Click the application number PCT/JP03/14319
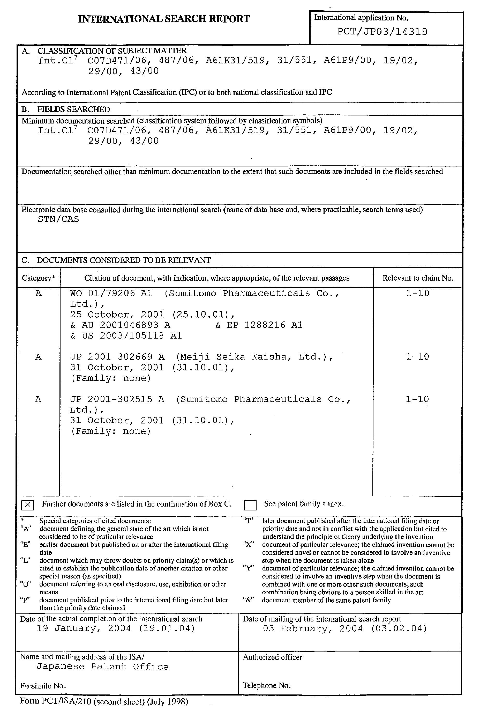[382, 32]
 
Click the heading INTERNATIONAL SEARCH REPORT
[164, 19]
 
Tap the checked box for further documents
[27, 505]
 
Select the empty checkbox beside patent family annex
[250, 505]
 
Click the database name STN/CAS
[58, 219]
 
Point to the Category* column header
[39, 278]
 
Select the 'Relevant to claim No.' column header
[418, 278]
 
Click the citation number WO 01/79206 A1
[111, 293]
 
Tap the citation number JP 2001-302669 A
[117, 357]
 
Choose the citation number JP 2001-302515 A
[117, 399]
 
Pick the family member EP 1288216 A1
[264, 325]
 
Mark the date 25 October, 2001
[117, 314]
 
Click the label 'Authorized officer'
[272, 657]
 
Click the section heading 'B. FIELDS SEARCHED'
[66, 109]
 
